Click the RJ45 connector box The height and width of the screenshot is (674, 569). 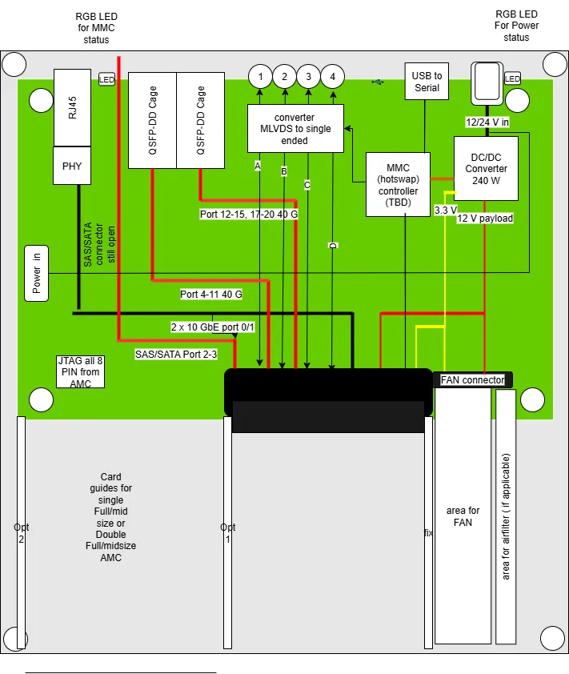pos(73,107)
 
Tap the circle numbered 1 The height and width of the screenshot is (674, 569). pos(260,77)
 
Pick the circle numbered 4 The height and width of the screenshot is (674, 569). pos(332,77)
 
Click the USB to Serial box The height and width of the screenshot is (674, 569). pos(427,82)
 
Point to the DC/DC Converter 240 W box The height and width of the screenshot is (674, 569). pos(486,168)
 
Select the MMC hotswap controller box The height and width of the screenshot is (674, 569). pos(398,184)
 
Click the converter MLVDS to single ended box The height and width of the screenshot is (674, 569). pos(295,128)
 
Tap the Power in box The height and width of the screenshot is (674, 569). pos(37,273)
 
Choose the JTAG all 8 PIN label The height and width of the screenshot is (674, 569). pos(80,371)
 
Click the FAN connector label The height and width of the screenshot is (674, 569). pos(473,380)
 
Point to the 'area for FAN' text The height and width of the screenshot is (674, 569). pos(463,516)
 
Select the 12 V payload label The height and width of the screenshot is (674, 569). pos(485,219)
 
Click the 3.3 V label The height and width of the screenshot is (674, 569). pos(446,210)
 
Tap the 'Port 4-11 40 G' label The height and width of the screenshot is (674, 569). pos(211,295)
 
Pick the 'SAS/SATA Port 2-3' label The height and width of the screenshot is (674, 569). pos(176,354)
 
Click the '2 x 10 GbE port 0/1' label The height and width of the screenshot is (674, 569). pos(213,327)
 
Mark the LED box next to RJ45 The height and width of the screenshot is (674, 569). pos(106,79)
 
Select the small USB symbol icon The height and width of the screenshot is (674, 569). pos(378,82)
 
